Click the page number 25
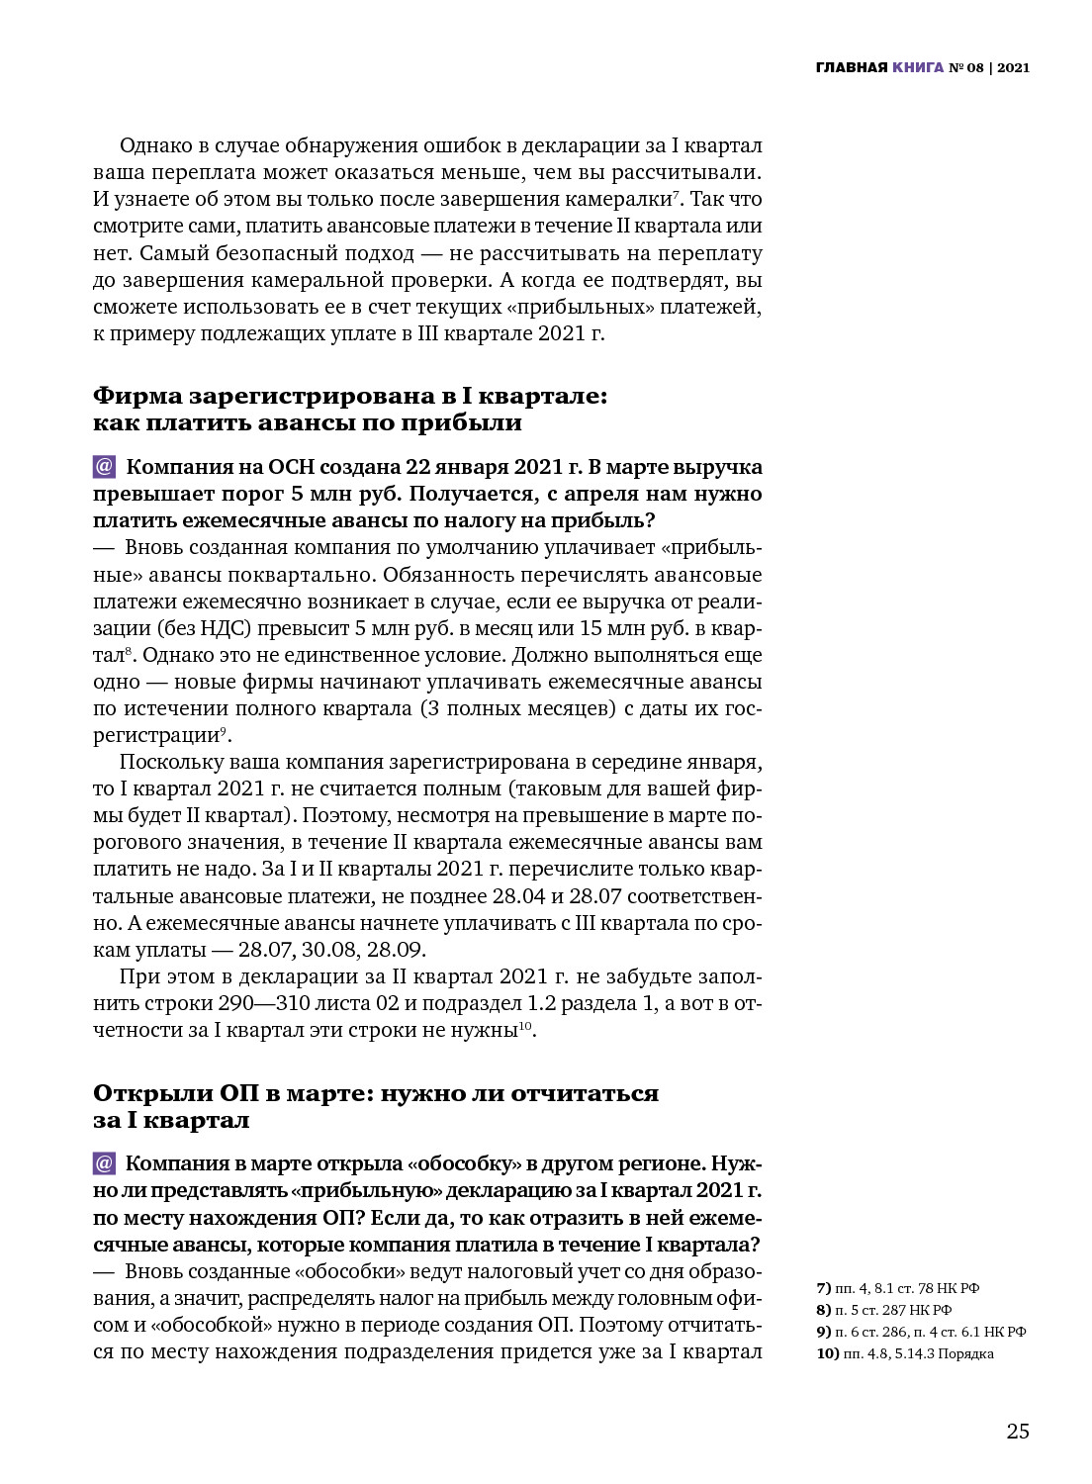tap(1018, 1432)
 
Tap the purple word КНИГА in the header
tap(917, 68)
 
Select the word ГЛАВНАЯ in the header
tap(851, 68)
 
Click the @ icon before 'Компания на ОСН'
tap(105, 467)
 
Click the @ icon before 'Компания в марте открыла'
tap(105, 1163)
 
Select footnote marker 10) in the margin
tap(827, 1353)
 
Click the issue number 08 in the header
tap(975, 68)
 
